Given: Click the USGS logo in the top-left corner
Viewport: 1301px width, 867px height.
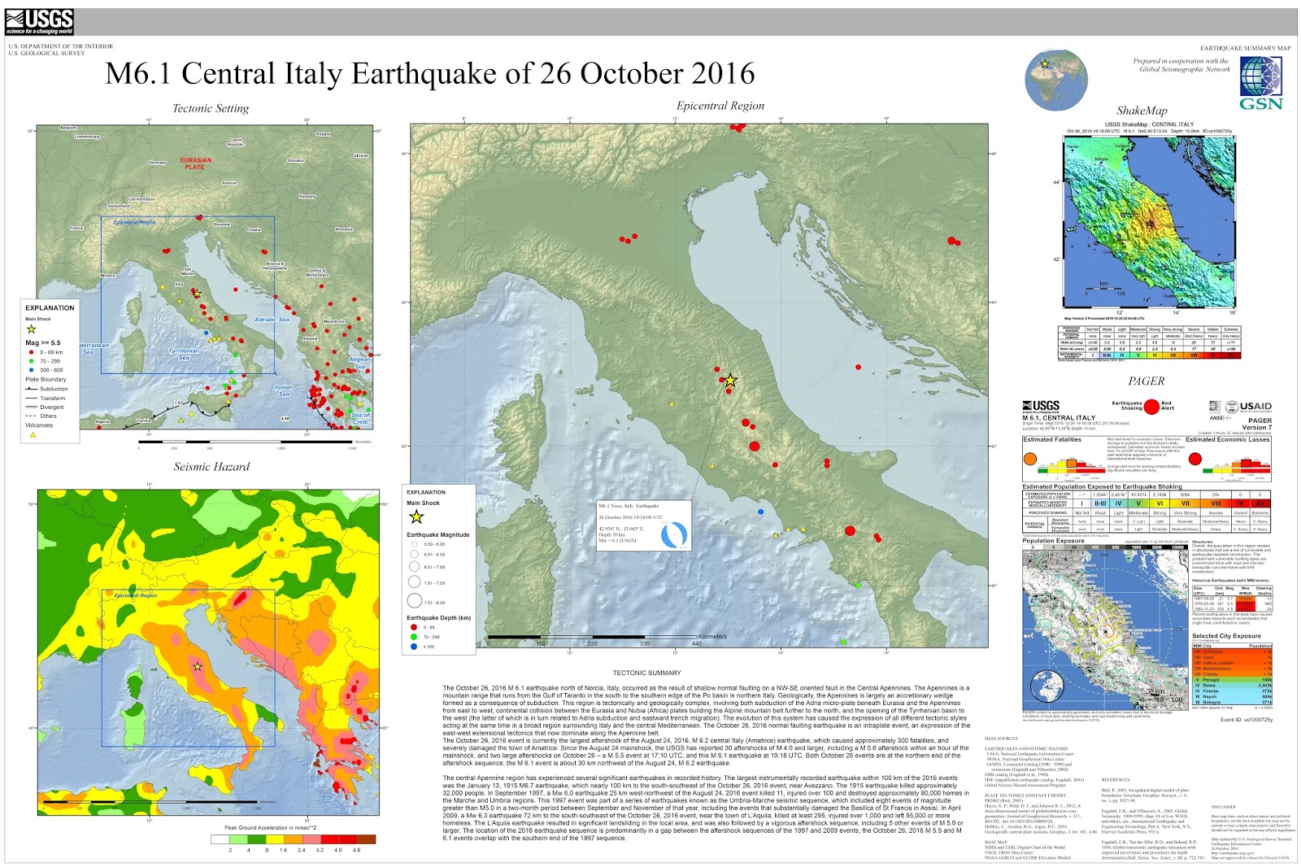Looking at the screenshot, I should pos(39,22).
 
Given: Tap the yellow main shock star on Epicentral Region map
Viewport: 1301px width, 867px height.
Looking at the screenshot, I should pos(730,381).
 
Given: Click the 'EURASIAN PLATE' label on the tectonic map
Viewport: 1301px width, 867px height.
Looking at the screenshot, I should pos(195,163).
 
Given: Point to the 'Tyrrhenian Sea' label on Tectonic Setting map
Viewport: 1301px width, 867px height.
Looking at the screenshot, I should pos(184,354).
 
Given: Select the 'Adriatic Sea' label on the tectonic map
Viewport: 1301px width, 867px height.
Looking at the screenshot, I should pos(272,320).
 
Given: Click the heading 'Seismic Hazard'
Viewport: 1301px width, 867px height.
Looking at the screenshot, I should pos(211,467).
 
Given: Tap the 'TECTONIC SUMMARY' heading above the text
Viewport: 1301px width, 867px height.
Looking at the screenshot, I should pos(646,673).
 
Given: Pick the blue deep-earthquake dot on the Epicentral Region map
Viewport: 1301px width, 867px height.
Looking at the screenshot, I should pos(760,512).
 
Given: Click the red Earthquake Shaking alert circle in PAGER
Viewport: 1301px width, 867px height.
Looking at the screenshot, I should pos(1151,406).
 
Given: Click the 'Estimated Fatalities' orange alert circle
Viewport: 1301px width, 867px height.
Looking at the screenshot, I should pos(1030,460).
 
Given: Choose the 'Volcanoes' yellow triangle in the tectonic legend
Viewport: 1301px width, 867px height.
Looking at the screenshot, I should pos(33,435).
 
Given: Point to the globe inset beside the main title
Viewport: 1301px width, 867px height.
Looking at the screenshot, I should pos(1055,80).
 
